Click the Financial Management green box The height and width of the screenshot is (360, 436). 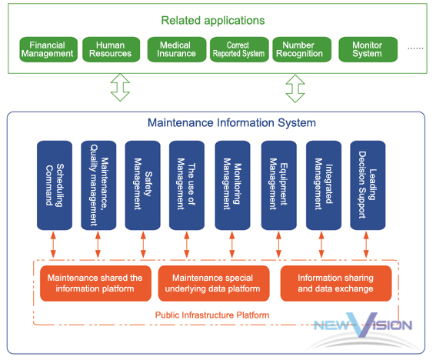[48, 49]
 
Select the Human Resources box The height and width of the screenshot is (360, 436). [111, 49]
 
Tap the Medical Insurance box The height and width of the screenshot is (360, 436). [177, 49]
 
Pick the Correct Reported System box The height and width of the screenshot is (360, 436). [239, 49]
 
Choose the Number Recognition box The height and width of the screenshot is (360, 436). [302, 49]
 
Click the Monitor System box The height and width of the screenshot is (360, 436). [368, 49]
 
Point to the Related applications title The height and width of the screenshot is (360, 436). [213, 21]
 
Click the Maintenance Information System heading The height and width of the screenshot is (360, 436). [231, 122]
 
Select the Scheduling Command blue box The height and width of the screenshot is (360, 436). [55, 185]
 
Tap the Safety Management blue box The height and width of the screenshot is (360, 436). [143, 185]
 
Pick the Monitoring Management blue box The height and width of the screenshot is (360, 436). [232, 185]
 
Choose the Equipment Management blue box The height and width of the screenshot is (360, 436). [279, 185]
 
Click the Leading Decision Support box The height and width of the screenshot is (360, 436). [368, 185]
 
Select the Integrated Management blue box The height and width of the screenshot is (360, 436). [324, 185]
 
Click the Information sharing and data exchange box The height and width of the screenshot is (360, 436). [336, 283]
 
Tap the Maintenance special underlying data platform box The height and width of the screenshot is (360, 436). [214, 283]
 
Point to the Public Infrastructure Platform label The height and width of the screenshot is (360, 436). [212, 315]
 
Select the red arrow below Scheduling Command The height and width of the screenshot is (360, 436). [53, 245]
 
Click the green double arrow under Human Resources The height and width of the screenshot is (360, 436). [120, 88]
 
